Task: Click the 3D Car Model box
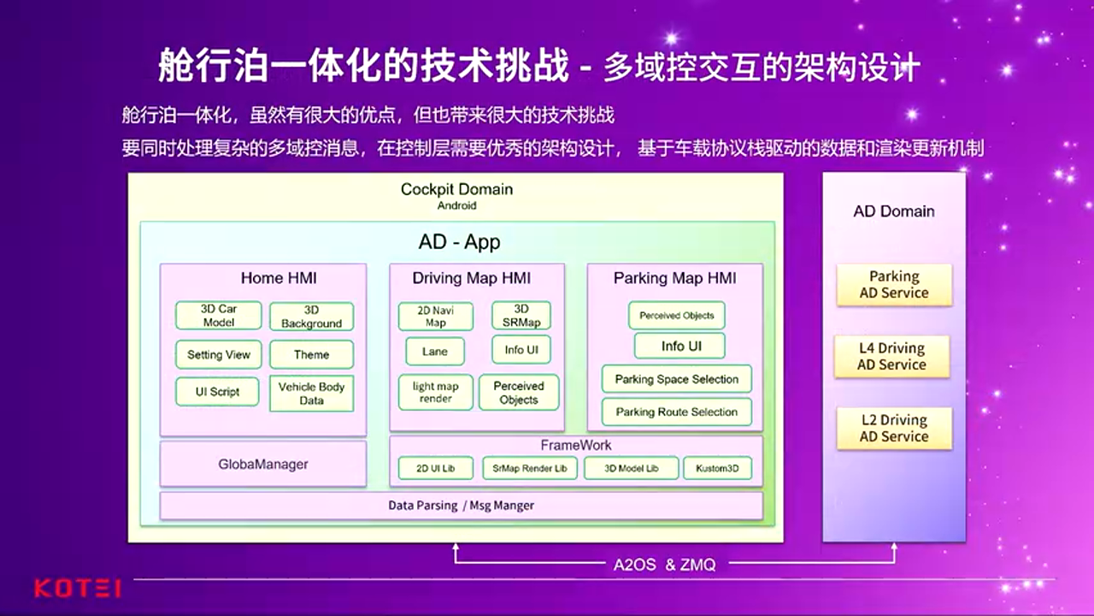pos(218,316)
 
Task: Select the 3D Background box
pos(311,317)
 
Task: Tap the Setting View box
pos(218,354)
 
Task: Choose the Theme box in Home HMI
pos(311,354)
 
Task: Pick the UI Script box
pos(217,392)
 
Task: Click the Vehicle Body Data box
pos(311,394)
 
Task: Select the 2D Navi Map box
pos(435,317)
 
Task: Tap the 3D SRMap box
pos(521,316)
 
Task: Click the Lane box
pos(434,352)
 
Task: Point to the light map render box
pos(435,393)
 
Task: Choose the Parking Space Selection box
pos(676,379)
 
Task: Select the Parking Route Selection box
pos(676,412)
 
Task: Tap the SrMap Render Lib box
pos(529,469)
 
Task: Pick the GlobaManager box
pos(262,464)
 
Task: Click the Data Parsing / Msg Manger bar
pos(461,506)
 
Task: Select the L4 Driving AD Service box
pos(892,356)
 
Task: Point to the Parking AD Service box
pos(893,284)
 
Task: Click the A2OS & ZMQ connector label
pos(664,565)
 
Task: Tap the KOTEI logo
pos(77,588)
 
